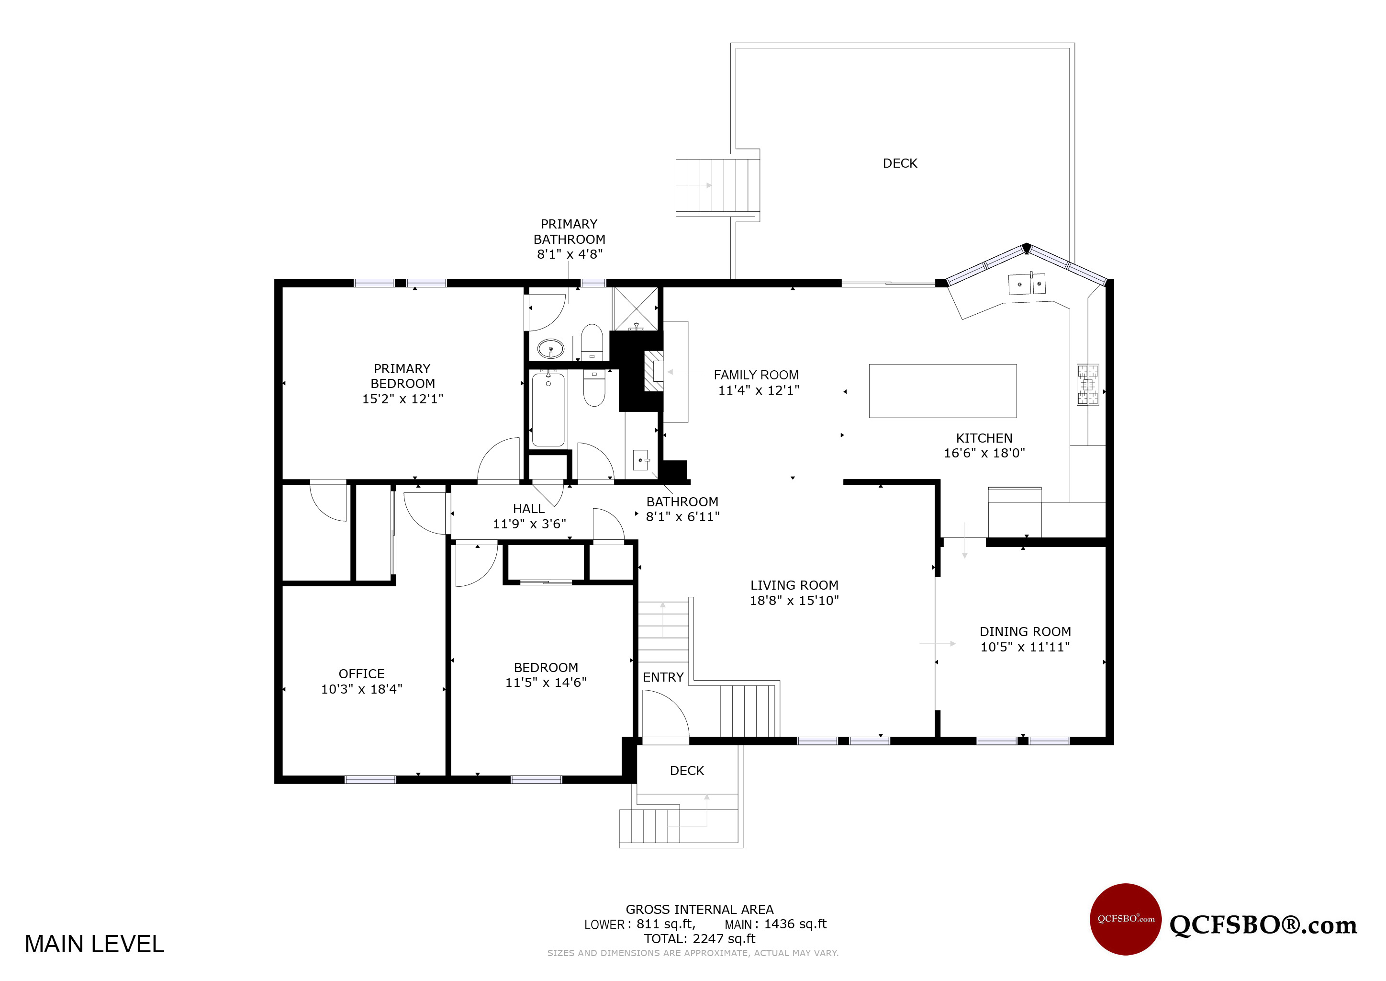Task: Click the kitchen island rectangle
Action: pyautogui.click(x=942, y=391)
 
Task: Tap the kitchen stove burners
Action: pyautogui.click(x=1088, y=384)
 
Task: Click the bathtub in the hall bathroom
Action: pyautogui.click(x=548, y=409)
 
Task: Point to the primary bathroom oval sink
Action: pyautogui.click(x=550, y=349)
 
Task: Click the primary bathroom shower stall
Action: pyautogui.click(x=636, y=308)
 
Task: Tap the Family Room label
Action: pyautogui.click(x=756, y=375)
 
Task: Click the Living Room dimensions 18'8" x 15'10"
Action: pyautogui.click(x=794, y=601)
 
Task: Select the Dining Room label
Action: pyautogui.click(x=1025, y=632)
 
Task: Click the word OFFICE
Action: pyautogui.click(x=362, y=673)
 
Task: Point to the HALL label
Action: pyautogui.click(x=528, y=509)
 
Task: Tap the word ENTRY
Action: pyautogui.click(x=663, y=677)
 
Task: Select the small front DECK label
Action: pyautogui.click(x=687, y=771)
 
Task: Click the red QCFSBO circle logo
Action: pyautogui.click(x=1125, y=919)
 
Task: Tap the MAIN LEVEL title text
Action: pyautogui.click(x=94, y=944)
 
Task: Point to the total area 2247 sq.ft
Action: pyautogui.click(x=699, y=939)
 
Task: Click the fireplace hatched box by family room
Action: pyautogui.click(x=654, y=371)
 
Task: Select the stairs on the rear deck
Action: pyautogui.click(x=716, y=185)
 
